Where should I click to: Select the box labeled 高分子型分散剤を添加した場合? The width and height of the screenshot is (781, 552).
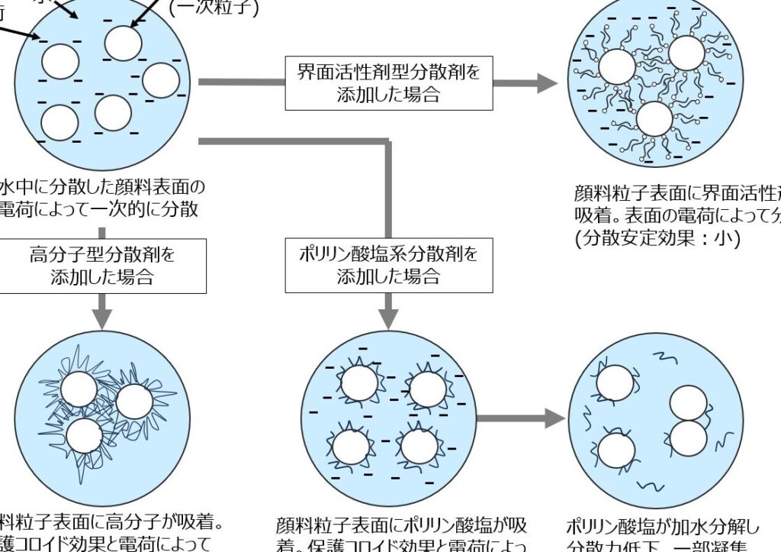pos(101,265)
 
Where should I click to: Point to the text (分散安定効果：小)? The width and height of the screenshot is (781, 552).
pos(657,238)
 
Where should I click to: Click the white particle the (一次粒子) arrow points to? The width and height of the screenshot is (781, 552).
pos(122,43)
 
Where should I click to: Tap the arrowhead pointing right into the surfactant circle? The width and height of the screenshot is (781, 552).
pos(548,83)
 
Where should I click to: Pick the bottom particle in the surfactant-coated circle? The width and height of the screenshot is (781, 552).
pos(654,120)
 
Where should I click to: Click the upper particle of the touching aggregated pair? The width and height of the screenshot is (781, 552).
pos(688,402)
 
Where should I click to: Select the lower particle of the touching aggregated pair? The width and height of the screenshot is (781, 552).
pos(688,437)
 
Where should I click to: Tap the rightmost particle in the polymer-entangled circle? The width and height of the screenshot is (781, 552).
pos(134,402)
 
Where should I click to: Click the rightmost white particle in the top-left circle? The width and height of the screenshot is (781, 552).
pos(160,80)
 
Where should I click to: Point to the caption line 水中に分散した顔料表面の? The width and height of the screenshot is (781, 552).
pos(102,187)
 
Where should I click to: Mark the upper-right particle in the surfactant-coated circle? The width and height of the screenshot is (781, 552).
pos(686,52)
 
